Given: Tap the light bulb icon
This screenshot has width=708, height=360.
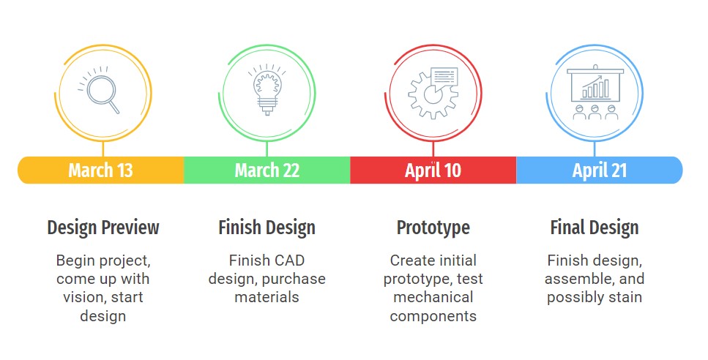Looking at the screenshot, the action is coord(267,89).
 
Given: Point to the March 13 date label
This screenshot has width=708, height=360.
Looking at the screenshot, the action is coord(101,170).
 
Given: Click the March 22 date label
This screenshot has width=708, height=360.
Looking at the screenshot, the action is coord(267,170).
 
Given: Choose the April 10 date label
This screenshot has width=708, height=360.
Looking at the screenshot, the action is coord(433,170).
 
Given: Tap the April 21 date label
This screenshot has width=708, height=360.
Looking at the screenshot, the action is coord(599,170).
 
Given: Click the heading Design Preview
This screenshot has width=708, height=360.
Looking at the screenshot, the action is coord(103,228).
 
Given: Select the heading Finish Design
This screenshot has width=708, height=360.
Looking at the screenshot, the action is coord(267,228).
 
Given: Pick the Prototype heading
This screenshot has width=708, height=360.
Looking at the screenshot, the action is coord(433,228).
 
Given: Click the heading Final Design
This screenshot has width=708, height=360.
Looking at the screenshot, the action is coord(595,228).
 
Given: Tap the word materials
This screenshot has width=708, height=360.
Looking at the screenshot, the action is coord(267,297).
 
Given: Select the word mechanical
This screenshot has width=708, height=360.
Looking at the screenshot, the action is coord(433,297).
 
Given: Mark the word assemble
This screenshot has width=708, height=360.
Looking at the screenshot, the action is coord(580,280).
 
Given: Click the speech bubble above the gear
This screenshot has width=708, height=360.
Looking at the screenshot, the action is coord(444,77).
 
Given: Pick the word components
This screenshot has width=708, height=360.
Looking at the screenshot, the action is coord(433,316).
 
